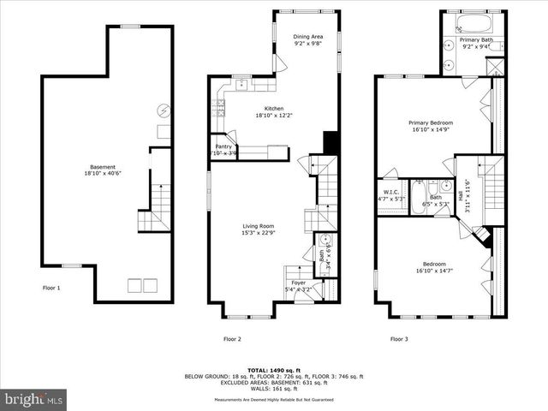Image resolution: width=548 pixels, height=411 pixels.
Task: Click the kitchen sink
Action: click(x=242, y=84)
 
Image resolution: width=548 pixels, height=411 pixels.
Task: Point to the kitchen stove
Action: click(x=221, y=106)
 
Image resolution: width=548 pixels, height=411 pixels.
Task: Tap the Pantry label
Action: click(x=224, y=146)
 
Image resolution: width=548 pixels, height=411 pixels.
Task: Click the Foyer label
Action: click(x=298, y=282)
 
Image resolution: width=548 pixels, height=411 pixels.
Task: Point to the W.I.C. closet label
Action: click(x=391, y=192)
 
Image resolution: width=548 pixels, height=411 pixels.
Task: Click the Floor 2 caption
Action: click(x=232, y=339)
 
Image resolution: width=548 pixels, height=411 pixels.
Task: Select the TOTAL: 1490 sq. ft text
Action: click(x=273, y=363)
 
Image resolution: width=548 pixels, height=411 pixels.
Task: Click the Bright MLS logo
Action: click(x=33, y=399)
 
